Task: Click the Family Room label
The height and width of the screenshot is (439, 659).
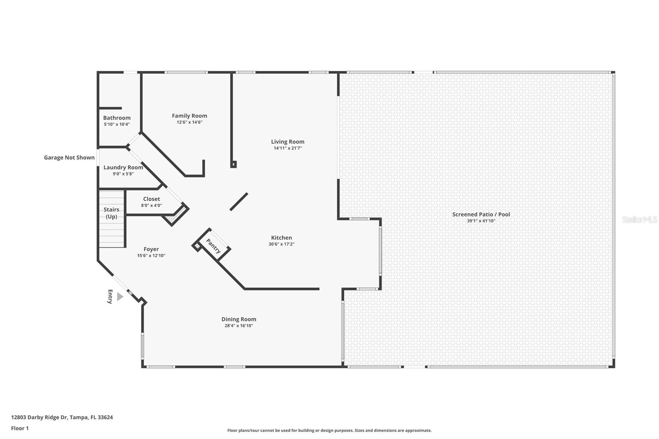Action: (x=189, y=116)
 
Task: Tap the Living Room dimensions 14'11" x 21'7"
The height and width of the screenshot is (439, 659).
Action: (x=287, y=148)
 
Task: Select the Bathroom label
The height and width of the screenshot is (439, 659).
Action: (x=117, y=118)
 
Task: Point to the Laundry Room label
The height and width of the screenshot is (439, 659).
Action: (x=123, y=167)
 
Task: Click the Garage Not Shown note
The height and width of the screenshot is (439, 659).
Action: (x=69, y=157)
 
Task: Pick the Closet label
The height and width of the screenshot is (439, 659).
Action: (x=152, y=199)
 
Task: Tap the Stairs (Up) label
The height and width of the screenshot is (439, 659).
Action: (x=111, y=213)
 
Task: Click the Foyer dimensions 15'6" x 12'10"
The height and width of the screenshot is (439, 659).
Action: (x=151, y=256)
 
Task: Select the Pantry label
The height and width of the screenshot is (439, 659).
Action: (x=213, y=246)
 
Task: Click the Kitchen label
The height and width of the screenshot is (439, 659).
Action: (x=281, y=238)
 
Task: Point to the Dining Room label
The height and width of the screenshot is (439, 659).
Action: (x=239, y=319)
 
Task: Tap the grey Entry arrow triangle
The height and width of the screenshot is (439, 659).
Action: (x=119, y=297)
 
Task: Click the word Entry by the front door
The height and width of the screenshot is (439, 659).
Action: (x=110, y=297)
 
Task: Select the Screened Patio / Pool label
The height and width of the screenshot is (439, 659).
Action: (x=481, y=214)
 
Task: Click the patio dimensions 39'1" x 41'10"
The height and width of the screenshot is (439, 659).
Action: (x=481, y=221)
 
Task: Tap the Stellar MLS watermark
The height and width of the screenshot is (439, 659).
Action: (x=639, y=219)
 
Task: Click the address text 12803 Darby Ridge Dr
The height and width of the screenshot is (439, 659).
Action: (x=62, y=417)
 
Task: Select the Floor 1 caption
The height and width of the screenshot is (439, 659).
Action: (x=20, y=428)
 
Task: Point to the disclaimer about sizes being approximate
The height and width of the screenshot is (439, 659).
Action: (x=329, y=430)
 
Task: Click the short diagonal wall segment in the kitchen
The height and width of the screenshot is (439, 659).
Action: (x=238, y=202)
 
